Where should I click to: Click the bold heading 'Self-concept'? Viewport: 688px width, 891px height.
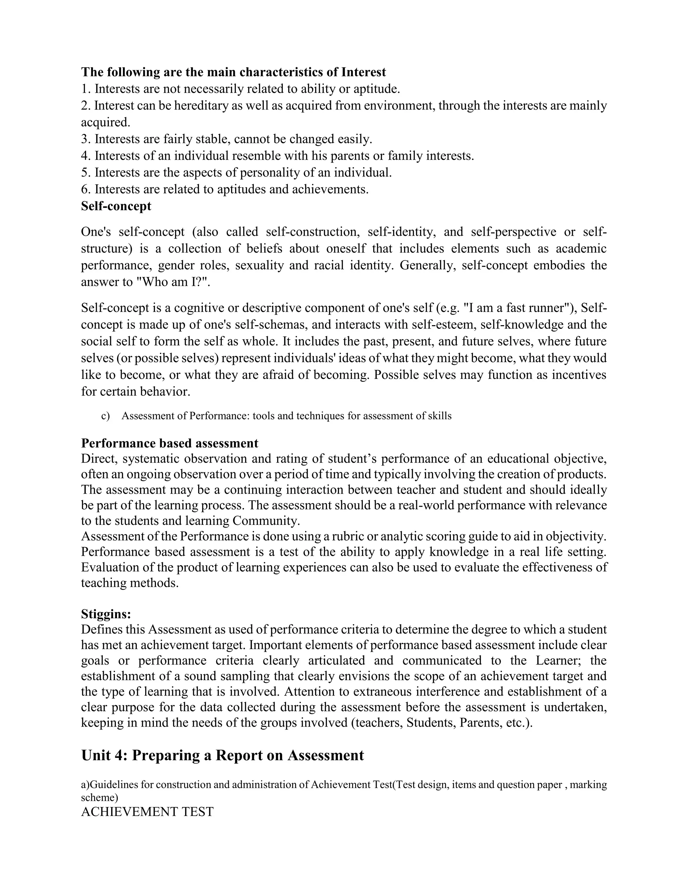(x=116, y=206)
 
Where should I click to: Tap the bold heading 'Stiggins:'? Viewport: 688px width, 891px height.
(x=106, y=614)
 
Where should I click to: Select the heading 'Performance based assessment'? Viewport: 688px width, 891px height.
(x=170, y=443)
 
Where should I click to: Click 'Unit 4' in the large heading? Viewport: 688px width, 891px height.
(x=105, y=755)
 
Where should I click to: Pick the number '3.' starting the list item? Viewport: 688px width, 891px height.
(x=86, y=139)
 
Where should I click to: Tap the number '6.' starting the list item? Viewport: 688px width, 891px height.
(x=86, y=189)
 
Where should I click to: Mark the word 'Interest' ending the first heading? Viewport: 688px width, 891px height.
(x=363, y=72)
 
